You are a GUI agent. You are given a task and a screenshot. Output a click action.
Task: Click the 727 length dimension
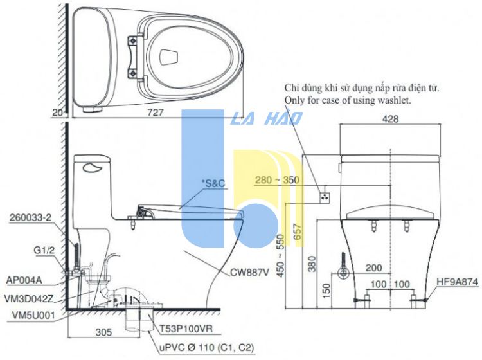(156, 113)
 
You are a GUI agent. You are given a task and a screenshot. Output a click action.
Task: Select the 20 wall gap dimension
(57, 113)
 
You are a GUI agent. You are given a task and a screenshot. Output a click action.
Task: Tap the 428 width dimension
(390, 119)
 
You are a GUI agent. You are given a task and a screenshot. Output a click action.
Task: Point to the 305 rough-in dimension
(104, 332)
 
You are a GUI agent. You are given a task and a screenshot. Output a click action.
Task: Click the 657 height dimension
(298, 232)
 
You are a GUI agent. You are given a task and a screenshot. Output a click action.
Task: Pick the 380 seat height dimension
(312, 264)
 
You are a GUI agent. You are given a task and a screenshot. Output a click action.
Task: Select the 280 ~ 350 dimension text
(277, 180)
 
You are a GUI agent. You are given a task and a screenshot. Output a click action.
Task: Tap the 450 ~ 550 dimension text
(281, 255)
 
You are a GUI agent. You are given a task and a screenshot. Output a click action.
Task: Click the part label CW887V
(250, 272)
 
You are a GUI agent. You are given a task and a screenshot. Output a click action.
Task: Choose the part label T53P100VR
(186, 329)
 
